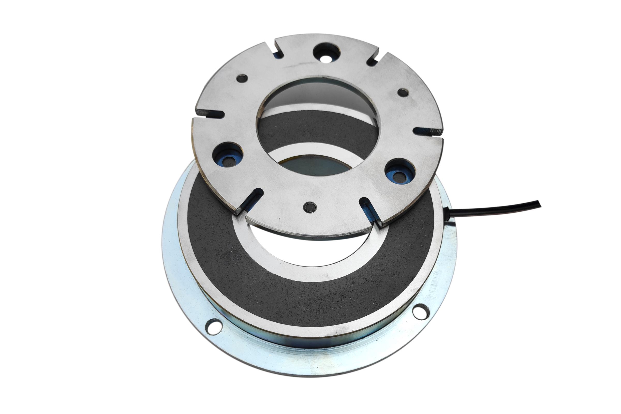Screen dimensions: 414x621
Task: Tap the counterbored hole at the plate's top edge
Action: click(x=326, y=53)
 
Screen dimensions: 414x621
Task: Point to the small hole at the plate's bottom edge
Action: click(x=310, y=208)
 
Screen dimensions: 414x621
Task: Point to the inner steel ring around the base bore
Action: click(x=264, y=264)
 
